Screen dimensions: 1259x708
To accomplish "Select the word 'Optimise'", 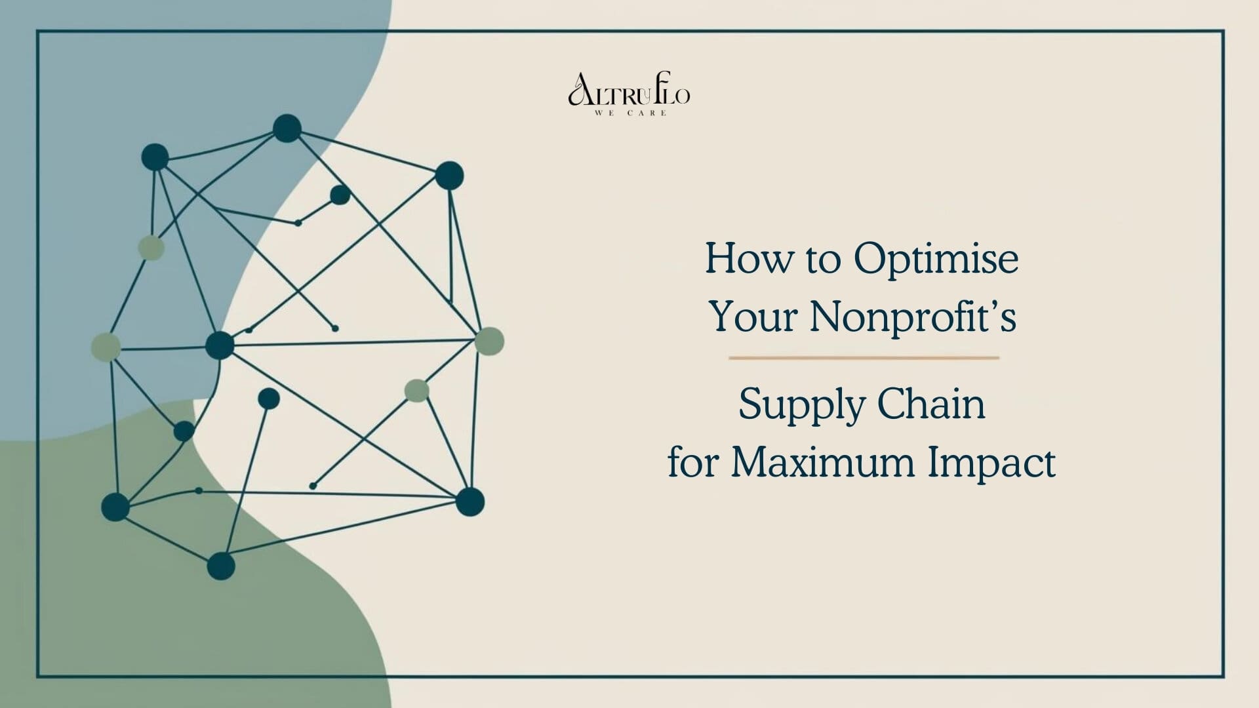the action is pos(936,260).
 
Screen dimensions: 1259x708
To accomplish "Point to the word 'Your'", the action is pos(755,317).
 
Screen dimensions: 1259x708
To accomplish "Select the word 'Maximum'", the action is pos(823,463).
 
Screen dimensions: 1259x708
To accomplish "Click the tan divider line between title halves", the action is pos(864,358).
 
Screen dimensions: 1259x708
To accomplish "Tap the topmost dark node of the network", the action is pos(287,128).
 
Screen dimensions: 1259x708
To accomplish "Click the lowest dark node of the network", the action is pos(221,566).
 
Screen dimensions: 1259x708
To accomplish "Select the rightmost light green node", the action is pos(489,341).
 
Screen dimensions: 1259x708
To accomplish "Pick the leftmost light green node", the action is pos(106,347).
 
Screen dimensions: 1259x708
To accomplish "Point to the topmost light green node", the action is pos(151,248).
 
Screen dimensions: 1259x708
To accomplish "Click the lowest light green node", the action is pos(416,391).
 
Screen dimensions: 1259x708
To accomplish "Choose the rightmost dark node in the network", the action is pos(470,501).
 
